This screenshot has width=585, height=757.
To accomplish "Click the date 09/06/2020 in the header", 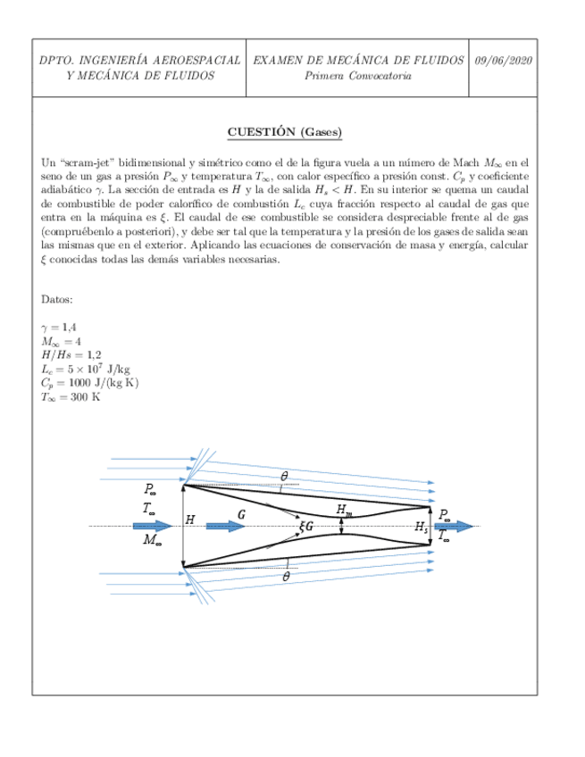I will [x=504, y=61].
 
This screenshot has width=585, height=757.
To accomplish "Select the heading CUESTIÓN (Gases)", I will [x=285, y=132].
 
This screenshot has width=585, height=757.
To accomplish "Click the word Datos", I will [x=58, y=299].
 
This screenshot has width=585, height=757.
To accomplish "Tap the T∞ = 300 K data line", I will [x=71, y=396].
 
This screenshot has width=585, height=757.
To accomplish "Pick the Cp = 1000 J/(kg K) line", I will [x=90, y=382].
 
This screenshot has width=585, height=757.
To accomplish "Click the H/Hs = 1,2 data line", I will [x=74, y=355].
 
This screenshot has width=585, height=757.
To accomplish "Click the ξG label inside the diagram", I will [x=306, y=527].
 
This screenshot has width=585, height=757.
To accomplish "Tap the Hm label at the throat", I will [x=344, y=510].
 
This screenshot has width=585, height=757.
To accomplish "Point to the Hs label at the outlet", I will [x=422, y=527].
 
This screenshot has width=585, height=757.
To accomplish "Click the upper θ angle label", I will [x=284, y=477].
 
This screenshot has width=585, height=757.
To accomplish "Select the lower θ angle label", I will [x=286, y=577].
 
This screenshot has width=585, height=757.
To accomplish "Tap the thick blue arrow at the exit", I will [x=455, y=527].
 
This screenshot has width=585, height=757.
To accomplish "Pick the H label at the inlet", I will [x=189, y=520].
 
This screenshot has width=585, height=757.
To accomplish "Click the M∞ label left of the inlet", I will [x=153, y=539].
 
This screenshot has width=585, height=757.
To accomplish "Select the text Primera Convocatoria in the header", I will [x=358, y=76].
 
